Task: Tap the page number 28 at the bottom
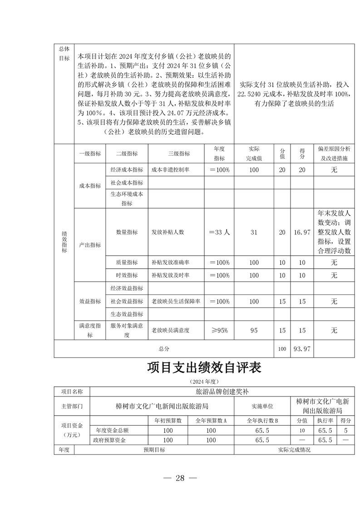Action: [x=180, y=478]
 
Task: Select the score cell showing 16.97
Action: [x=302, y=232]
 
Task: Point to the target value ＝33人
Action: [x=219, y=232]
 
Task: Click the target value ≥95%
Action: [x=219, y=330]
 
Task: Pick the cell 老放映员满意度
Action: [x=170, y=330]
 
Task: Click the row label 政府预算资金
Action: [x=109, y=440]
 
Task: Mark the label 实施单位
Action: [x=262, y=405]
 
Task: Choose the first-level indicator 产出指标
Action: [x=90, y=245]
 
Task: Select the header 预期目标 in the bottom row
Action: [x=154, y=450]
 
